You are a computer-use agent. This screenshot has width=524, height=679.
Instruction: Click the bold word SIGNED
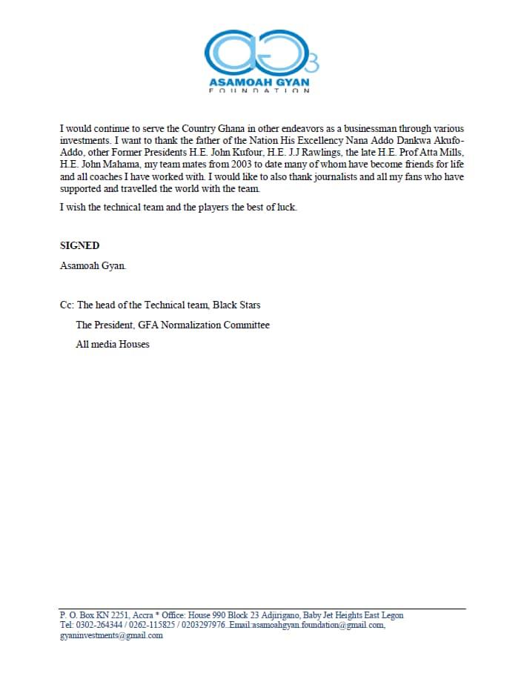pos(79,246)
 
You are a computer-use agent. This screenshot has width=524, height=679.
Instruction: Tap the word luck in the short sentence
pos(285,208)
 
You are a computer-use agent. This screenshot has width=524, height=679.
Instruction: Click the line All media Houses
pos(113,344)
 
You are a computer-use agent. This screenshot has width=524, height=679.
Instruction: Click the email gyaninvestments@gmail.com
pos(110,636)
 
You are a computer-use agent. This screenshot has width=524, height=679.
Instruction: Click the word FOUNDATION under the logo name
pos(260,90)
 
